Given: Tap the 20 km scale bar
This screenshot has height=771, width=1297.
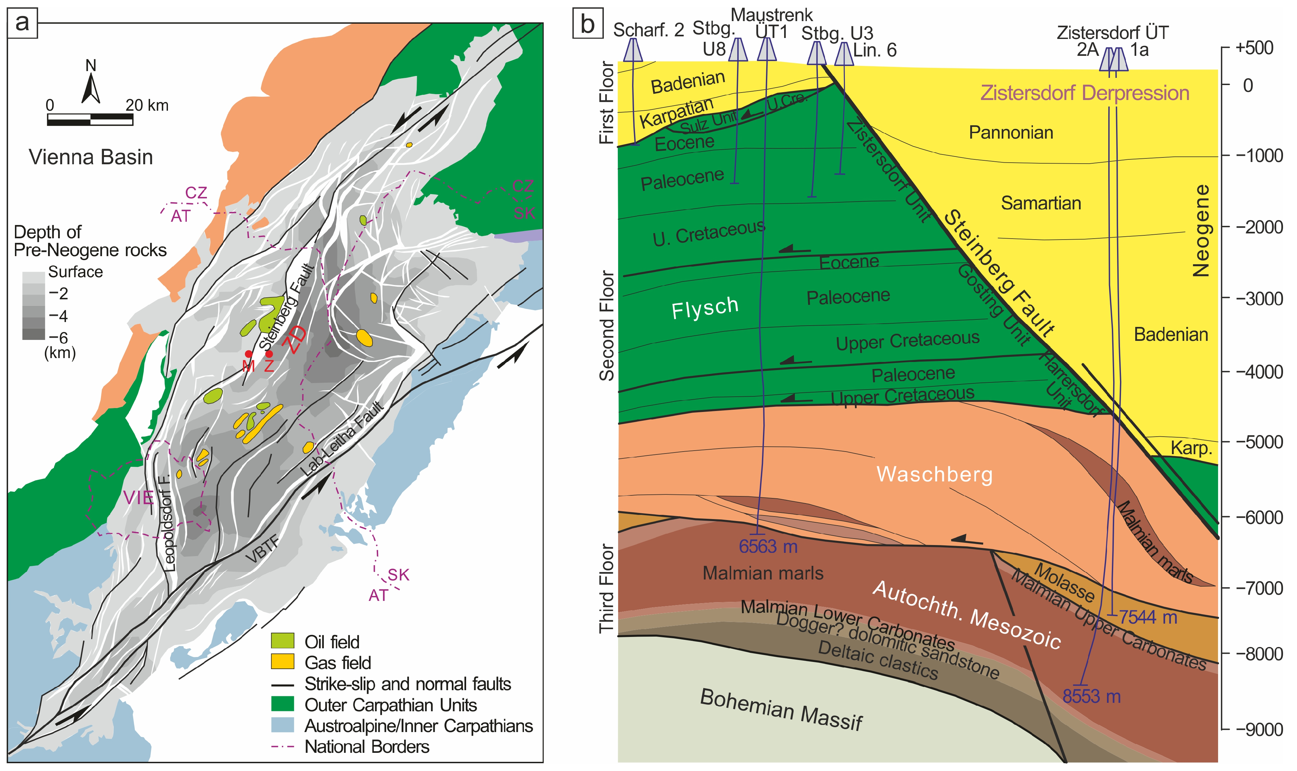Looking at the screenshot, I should (x=90, y=119).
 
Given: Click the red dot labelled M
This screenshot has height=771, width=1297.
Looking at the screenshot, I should (x=248, y=354).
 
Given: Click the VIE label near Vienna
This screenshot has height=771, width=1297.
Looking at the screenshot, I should (x=138, y=498).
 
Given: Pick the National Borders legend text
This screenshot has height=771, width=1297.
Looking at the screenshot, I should (x=366, y=747).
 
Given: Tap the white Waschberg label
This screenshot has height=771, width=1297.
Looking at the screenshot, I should (x=934, y=474).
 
